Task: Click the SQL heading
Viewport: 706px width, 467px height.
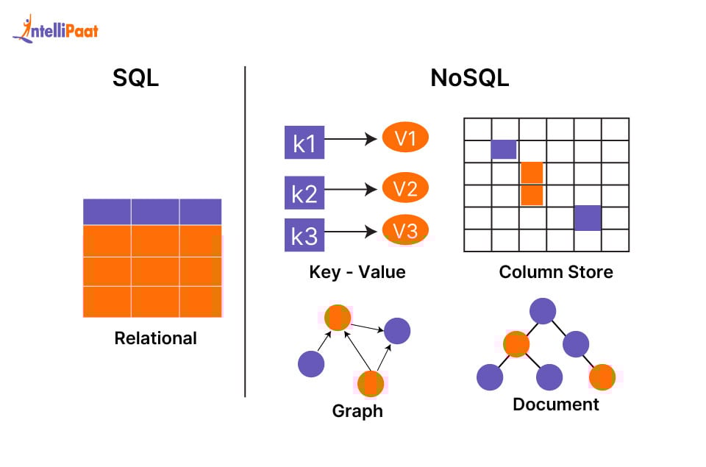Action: [135, 79]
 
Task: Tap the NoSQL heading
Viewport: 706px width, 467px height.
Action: [469, 79]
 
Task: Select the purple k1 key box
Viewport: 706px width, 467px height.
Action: [304, 143]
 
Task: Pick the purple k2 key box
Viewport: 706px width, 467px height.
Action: [304, 193]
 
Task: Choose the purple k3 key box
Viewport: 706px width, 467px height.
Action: [304, 235]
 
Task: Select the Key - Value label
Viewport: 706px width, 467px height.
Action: [357, 272]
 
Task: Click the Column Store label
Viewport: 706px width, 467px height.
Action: [556, 272]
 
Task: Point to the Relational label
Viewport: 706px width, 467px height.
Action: [156, 338]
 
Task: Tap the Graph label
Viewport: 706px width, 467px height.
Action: [357, 410]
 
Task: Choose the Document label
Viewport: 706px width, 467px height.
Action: [556, 404]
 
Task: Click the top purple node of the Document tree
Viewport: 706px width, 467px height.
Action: [543, 311]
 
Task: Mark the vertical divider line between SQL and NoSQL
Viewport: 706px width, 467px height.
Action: [245, 232]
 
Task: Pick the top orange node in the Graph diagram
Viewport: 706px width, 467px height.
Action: [338, 318]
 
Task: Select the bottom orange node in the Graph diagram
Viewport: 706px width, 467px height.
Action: [370, 383]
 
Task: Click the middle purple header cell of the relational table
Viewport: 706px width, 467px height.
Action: [155, 212]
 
